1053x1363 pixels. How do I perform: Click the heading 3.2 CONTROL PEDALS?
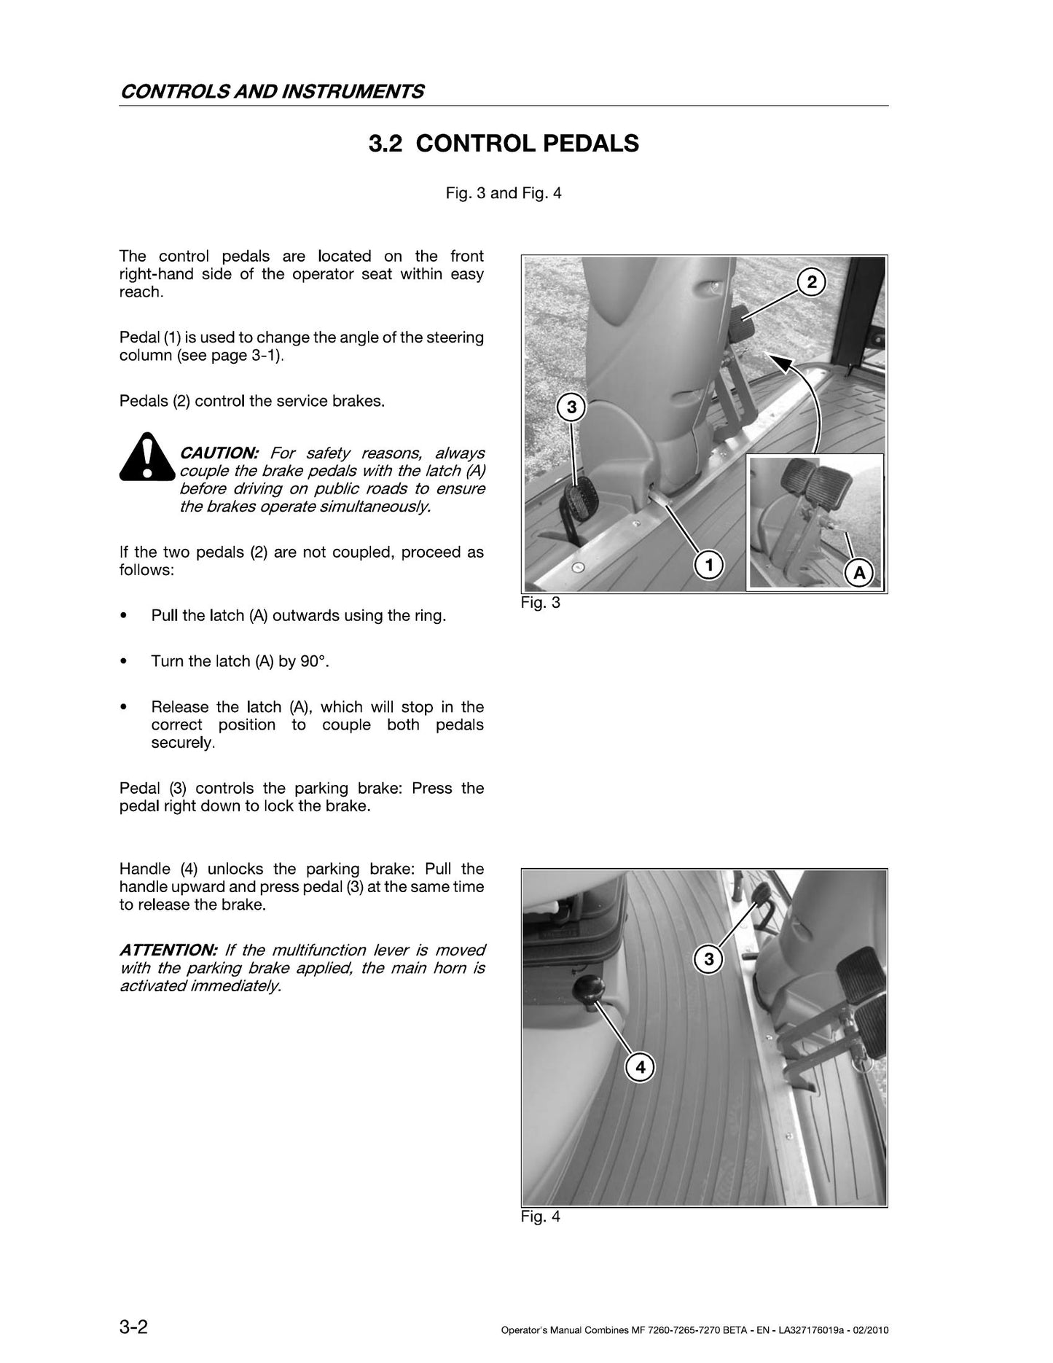(504, 144)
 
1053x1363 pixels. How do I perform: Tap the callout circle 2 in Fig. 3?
(813, 281)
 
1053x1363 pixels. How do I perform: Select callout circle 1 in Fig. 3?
(708, 563)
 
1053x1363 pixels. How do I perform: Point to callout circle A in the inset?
(859, 573)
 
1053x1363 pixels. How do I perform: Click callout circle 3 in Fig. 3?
(572, 407)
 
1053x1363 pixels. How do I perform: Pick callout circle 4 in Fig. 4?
(641, 1068)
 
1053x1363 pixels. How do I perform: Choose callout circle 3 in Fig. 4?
(709, 959)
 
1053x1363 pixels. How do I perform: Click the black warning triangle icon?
(147, 456)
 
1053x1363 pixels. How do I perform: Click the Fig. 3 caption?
(541, 603)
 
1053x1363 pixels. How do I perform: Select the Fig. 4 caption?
(541, 1216)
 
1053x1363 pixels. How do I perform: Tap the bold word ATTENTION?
(168, 950)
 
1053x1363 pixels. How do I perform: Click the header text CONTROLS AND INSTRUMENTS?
(272, 91)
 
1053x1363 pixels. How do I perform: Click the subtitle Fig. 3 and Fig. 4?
(504, 193)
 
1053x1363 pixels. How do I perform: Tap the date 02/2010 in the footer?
(871, 1311)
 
